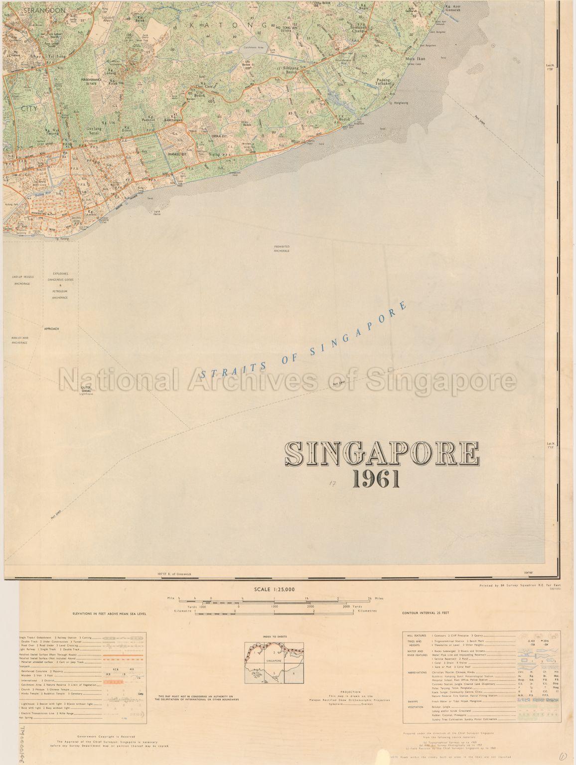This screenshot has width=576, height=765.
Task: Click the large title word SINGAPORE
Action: tap(382, 453)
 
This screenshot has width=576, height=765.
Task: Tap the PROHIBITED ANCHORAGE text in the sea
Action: tap(282, 249)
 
